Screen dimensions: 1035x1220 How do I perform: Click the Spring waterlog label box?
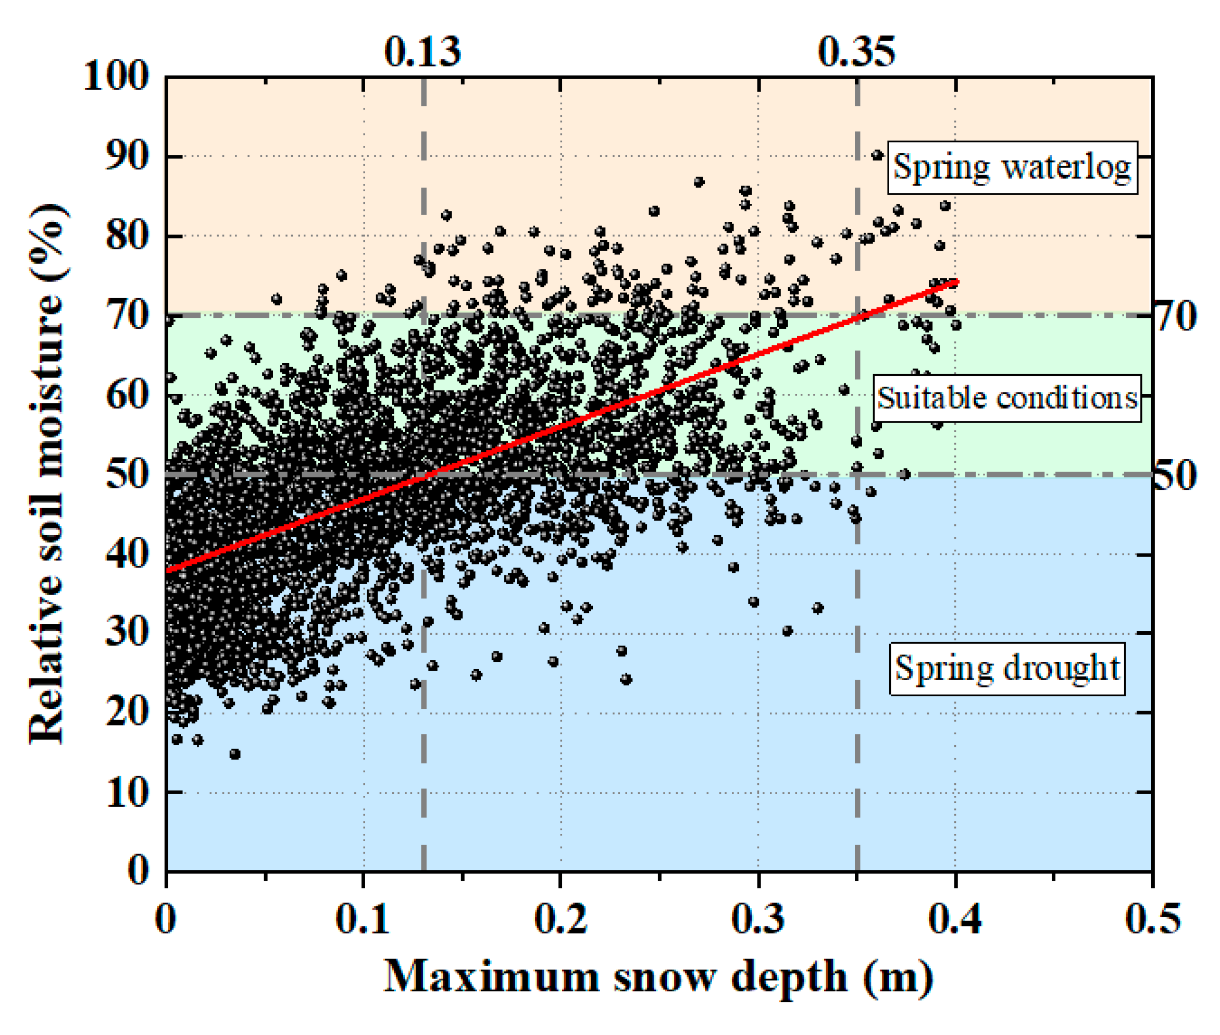1012,167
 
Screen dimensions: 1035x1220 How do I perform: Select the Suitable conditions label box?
1007,398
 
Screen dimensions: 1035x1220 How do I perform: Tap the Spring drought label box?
1007,669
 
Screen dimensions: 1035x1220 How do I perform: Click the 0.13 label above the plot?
422,52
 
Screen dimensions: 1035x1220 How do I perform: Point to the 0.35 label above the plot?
856,52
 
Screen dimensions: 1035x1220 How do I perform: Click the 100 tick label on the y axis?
116,76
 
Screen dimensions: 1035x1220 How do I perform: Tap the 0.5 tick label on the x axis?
1153,918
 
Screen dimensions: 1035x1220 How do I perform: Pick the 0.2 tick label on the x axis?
560,918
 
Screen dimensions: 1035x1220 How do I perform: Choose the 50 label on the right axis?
1175,476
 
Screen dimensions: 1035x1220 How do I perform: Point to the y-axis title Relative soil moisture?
47,474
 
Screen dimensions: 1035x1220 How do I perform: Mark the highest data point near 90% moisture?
877,155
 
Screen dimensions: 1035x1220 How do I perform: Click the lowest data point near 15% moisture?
234,754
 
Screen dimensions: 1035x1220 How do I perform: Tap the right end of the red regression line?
956,281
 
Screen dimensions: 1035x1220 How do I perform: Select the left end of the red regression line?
168,570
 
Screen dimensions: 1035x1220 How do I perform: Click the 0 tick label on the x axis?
166,918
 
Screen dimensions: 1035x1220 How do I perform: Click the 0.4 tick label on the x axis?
955,918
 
